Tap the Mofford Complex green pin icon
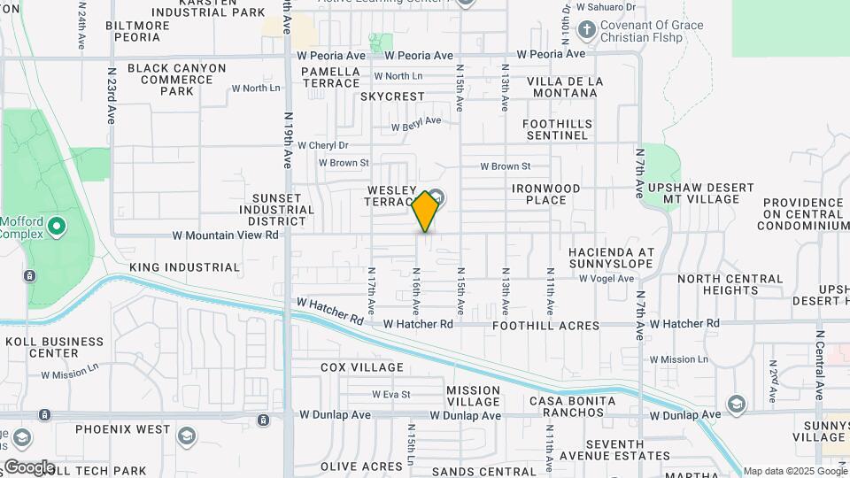(x=58, y=227)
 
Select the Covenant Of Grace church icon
(x=585, y=31)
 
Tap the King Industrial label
(x=184, y=267)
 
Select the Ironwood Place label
(x=545, y=195)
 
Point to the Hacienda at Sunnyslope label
(x=612, y=258)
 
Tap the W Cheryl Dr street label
(x=322, y=145)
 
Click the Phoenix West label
(x=122, y=429)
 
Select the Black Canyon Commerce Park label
(x=176, y=80)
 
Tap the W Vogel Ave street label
(x=607, y=278)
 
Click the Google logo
(x=29, y=466)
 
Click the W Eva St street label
(x=390, y=395)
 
